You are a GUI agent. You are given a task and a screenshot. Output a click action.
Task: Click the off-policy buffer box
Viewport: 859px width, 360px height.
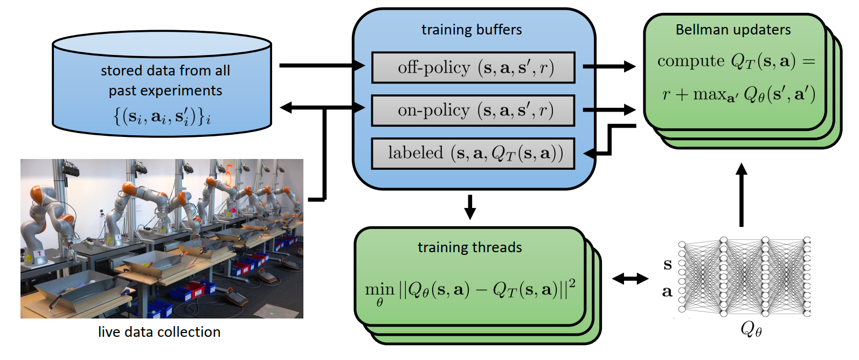473,67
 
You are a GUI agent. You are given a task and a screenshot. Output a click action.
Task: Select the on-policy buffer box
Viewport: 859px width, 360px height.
473,110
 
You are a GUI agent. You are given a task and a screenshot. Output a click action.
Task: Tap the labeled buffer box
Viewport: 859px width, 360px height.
473,154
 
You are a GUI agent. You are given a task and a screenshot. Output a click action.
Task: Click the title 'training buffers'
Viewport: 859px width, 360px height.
472,30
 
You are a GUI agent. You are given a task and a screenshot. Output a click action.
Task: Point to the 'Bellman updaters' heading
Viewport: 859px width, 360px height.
733,30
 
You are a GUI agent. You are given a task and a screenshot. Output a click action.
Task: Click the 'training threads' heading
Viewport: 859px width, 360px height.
469,247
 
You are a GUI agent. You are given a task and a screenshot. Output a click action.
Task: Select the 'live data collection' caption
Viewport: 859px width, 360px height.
159,332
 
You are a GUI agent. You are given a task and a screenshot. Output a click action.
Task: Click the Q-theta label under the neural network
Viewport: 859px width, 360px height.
751,328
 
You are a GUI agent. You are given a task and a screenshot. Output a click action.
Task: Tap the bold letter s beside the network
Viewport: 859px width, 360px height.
668,264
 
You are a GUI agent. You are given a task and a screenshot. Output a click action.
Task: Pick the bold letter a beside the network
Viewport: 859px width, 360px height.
667,292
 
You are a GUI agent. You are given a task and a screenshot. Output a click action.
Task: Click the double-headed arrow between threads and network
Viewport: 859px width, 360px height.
631,279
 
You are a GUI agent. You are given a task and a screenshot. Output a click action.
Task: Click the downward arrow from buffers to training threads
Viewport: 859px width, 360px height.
470,207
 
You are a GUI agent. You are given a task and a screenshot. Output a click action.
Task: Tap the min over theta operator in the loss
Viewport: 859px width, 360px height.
379,292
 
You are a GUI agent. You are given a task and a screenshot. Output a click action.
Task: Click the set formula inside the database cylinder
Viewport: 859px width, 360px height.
162,116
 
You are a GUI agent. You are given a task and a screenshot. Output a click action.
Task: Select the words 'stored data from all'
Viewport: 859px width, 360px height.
165,71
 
